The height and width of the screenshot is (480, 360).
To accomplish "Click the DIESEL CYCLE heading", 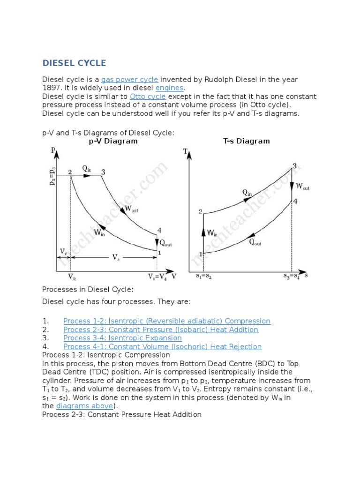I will pos(74,63).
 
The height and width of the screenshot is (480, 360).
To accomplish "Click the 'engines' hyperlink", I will pos(170,88).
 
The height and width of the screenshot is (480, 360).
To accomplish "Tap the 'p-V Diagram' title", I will pos(113,141).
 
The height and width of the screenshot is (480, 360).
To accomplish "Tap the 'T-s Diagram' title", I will pos(246,141).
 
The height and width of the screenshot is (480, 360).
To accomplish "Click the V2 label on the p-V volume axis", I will pos(72,277).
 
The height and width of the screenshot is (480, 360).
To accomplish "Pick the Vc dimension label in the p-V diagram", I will pos(63,252).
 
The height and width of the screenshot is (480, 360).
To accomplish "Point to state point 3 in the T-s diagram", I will pos(294,166).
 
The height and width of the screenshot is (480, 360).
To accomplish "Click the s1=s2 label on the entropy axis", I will pos(203,276).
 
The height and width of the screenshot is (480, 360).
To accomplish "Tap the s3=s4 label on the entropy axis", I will pos(292,276).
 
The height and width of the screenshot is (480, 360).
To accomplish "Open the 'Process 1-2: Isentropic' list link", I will pos(167,321).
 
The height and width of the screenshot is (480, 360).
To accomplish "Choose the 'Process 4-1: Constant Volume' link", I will pos(162,346).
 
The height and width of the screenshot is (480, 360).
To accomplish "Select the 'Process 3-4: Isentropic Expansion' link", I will pos(122,338).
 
